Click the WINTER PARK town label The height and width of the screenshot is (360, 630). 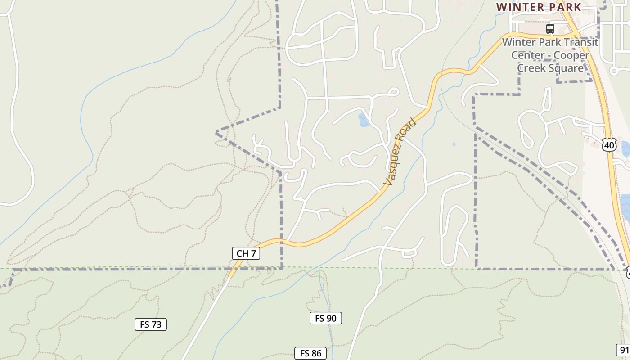point(539,7)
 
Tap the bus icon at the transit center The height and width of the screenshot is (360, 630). point(550,29)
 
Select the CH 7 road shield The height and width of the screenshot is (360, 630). point(246,253)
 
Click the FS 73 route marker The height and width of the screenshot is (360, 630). point(151,324)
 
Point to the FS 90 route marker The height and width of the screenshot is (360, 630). point(325,318)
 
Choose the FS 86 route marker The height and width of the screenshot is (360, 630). point(310,353)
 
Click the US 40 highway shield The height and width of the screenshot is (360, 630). point(609,145)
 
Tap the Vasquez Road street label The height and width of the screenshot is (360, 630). point(400,152)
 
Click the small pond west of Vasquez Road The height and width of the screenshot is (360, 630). point(364,120)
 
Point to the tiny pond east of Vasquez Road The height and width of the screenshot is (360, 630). point(454,145)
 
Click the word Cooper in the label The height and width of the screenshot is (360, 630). point(571,55)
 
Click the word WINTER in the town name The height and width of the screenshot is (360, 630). point(516,7)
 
